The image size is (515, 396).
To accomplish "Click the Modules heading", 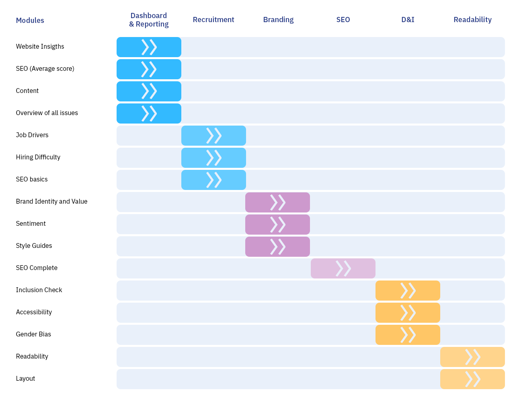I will pyautogui.click(x=30, y=21).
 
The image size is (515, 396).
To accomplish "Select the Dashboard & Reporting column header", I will pyautogui.click(x=149, y=20).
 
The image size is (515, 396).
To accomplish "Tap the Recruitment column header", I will pyautogui.click(x=213, y=20).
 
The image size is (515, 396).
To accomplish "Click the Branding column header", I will pyautogui.click(x=278, y=20).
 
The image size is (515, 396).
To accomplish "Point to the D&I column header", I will pyautogui.click(x=408, y=20).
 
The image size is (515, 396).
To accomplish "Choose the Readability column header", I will pyautogui.click(x=472, y=20).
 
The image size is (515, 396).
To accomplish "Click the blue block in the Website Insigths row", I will pyautogui.click(x=149, y=47).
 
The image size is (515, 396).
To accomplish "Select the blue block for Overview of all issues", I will pyautogui.click(x=149, y=113).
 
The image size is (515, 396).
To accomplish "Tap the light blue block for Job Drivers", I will pyautogui.click(x=213, y=136).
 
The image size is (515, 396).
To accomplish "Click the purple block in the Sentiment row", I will pyautogui.click(x=277, y=225).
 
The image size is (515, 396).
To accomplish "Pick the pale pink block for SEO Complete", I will pyautogui.click(x=343, y=268).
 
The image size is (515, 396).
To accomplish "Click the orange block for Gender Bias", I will pyautogui.click(x=408, y=335).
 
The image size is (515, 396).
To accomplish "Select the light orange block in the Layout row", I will pyautogui.click(x=472, y=379).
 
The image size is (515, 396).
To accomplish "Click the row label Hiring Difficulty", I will pyautogui.click(x=38, y=157).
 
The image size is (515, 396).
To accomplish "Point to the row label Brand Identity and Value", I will pyautogui.click(x=51, y=202).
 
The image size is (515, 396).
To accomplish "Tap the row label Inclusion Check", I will pyautogui.click(x=39, y=290).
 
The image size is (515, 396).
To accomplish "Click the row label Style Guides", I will pyautogui.click(x=34, y=246).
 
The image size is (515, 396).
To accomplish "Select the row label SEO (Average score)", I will pyautogui.click(x=45, y=69).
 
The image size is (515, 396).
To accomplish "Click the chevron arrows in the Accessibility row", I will pyautogui.click(x=408, y=313).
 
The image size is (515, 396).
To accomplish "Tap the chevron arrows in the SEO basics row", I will pyautogui.click(x=213, y=180).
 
